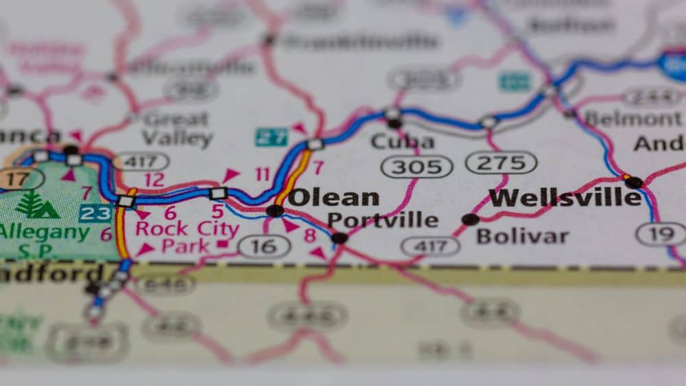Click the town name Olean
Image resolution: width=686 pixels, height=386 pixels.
pyautogui.click(x=333, y=197)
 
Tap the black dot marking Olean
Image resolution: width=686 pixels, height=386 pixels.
pyautogui.click(x=275, y=210)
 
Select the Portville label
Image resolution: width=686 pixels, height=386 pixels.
pyautogui.click(x=382, y=220)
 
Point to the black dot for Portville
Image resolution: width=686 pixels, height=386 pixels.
pyautogui.click(x=340, y=238)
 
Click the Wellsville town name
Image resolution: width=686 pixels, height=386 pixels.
pyautogui.click(x=565, y=197)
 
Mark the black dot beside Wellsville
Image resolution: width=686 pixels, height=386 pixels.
pyautogui.click(x=634, y=182)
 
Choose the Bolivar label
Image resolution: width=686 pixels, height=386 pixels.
pyautogui.click(x=522, y=237)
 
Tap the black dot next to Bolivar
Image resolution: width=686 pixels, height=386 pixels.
pyautogui.click(x=470, y=219)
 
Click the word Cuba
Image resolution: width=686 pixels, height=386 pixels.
pyautogui.click(x=402, y=142)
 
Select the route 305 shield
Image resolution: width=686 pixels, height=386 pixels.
pyautogui.click(x=416, y=167)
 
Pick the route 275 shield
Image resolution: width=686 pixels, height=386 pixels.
pyautogui.click(x=501, y=162)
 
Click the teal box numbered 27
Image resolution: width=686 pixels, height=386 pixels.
pyautogui.click(x=271, y=136)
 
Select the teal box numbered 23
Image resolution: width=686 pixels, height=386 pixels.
pyautogui.click(x=95, y=213)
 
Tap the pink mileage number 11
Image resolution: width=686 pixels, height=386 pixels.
pyautogui.click(x=263, y=174)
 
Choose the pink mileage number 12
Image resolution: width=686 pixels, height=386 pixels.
pyautogui.click(x=154, y=180)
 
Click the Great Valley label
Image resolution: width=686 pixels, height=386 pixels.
pyautogui.click(x=177, y=128)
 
